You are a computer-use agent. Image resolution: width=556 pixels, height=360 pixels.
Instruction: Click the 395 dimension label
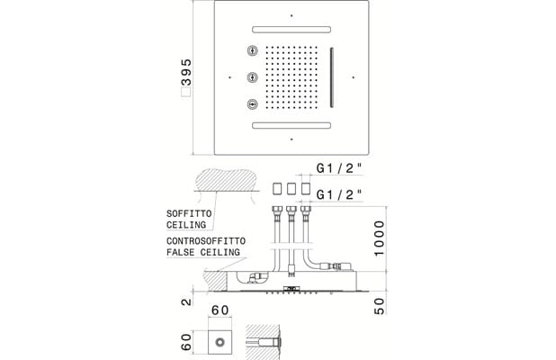(186, 72)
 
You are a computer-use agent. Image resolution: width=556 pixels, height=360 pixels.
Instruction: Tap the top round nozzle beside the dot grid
(252, 50)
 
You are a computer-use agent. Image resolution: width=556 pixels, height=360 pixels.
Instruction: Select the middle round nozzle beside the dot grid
(252, 77)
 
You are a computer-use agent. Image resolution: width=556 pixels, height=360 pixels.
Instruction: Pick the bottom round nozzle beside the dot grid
(252, 104)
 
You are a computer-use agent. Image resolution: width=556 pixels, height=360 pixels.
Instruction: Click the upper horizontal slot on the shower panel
(291, 30)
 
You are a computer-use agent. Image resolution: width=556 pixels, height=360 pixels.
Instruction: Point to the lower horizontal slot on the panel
(291, 125)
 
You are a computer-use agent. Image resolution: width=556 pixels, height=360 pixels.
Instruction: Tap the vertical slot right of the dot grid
(332, 77)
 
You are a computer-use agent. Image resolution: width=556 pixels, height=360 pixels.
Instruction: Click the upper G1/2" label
(339, 168)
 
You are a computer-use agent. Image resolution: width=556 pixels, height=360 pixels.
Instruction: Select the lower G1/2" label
(339, 194)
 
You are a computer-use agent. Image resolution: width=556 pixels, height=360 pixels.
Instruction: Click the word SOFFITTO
(189, 213)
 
